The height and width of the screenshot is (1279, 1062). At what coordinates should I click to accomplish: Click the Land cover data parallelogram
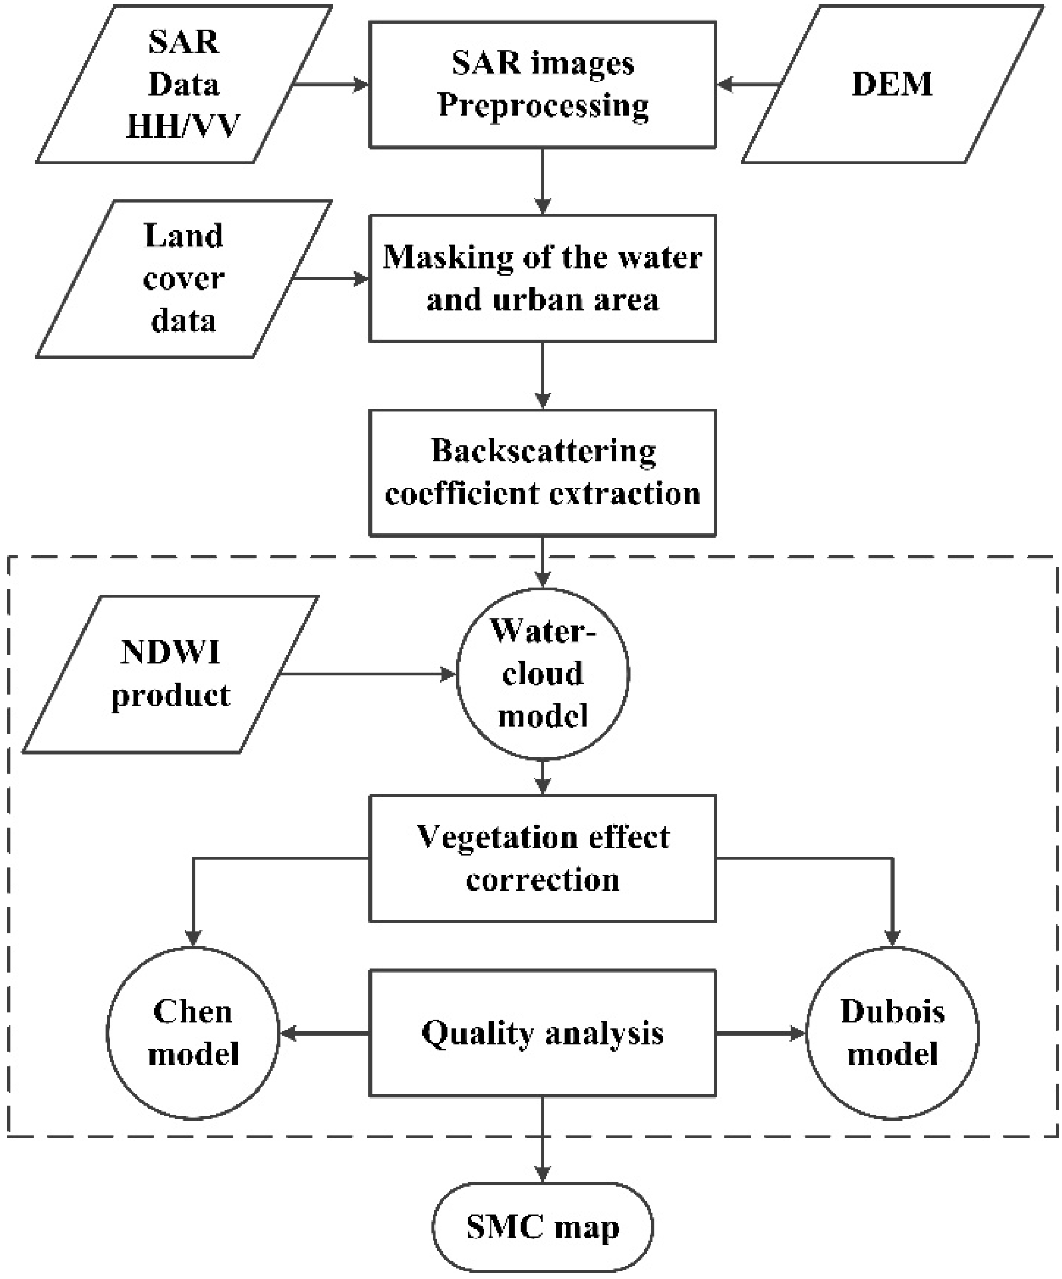[183, 278]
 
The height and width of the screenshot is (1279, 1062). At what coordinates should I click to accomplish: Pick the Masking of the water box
[542, 278]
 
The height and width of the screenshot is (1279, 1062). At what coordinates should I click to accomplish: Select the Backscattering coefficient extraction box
[542, 473]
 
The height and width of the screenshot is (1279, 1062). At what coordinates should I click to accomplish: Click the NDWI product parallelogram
[170, 674]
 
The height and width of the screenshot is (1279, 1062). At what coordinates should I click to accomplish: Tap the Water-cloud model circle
[542, 674]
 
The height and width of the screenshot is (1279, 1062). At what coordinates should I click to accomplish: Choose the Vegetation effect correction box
[542, 858]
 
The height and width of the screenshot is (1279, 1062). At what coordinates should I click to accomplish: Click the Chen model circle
[193, 1033]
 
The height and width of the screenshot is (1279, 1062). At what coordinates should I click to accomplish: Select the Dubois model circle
[892, 1033]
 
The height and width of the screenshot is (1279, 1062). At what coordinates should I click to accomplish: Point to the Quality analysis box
[542, 1033]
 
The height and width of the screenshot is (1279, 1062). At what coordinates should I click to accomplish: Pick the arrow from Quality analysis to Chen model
[324, 1033]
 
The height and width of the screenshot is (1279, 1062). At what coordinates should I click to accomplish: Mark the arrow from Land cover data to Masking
[331, 279]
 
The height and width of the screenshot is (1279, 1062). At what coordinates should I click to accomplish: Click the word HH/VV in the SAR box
[183, 127]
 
